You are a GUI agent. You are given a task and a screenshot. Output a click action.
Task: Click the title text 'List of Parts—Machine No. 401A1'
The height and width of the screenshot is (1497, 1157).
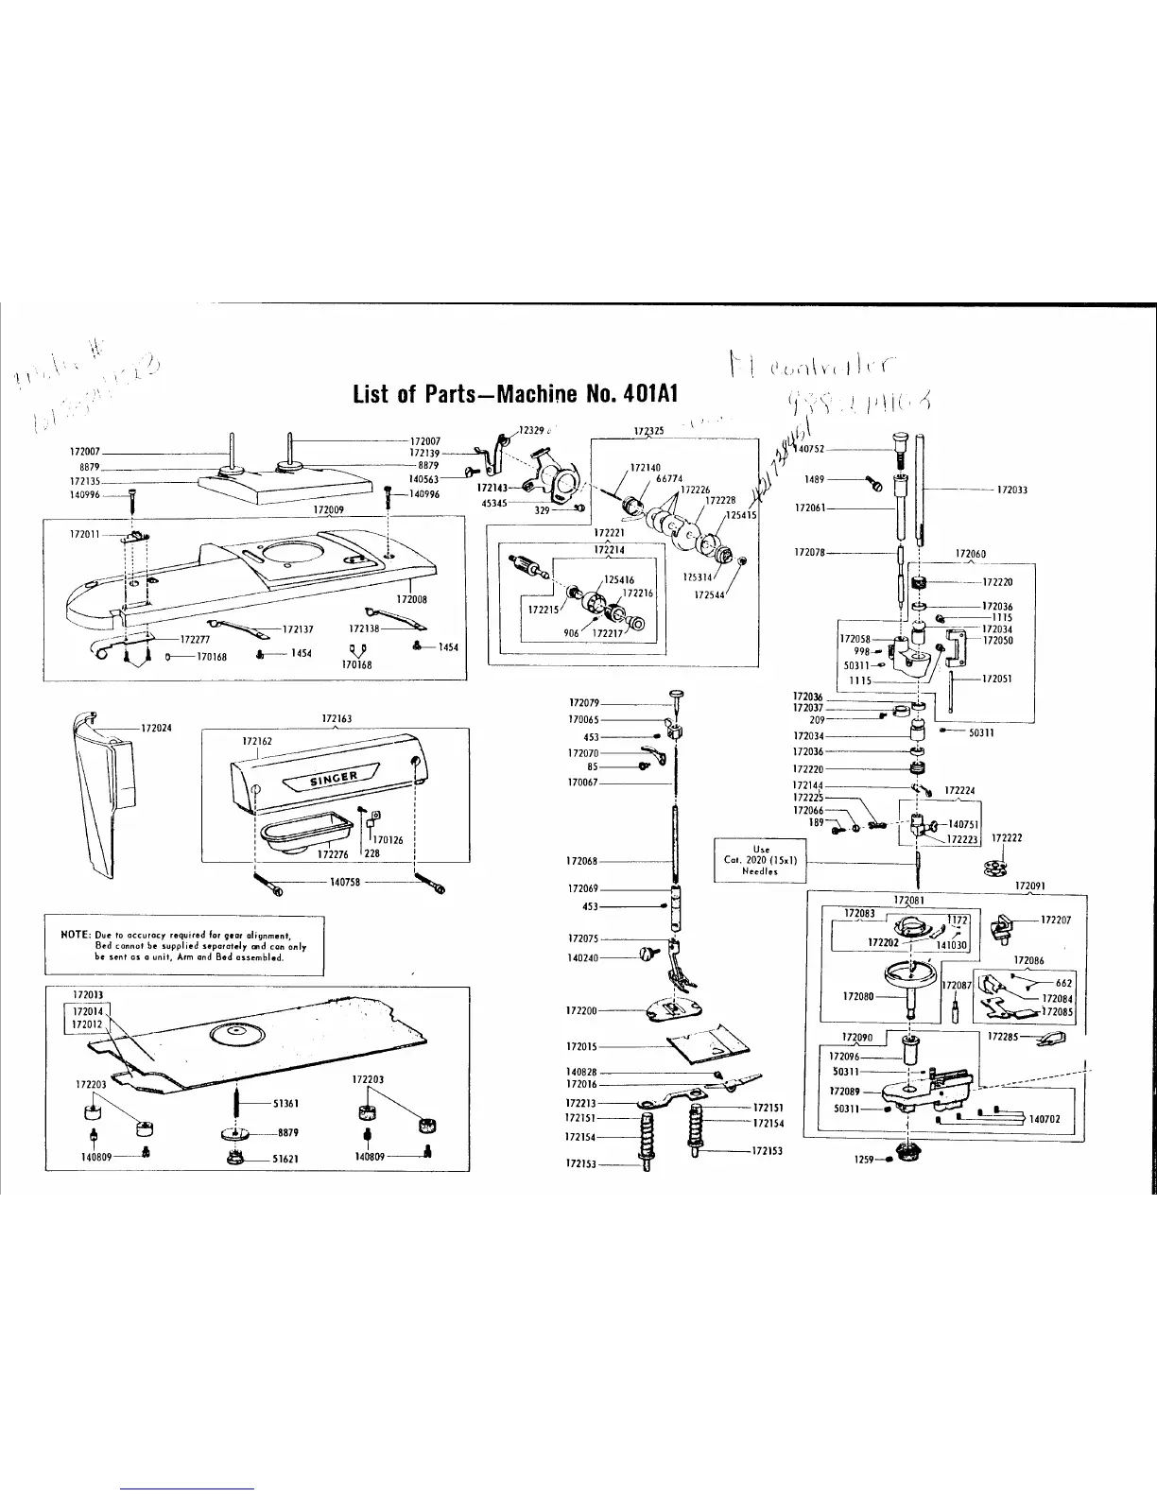516,394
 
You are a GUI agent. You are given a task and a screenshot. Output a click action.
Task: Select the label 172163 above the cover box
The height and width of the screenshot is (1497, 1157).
337,718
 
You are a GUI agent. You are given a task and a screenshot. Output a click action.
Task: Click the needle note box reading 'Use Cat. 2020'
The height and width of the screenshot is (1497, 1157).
759,861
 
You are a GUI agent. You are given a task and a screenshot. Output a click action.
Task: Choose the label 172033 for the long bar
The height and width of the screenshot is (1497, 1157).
1012,490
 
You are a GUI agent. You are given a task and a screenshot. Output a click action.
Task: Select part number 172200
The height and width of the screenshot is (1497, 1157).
581,1010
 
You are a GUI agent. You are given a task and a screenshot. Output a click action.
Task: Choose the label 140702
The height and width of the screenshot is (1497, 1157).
1045,1119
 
